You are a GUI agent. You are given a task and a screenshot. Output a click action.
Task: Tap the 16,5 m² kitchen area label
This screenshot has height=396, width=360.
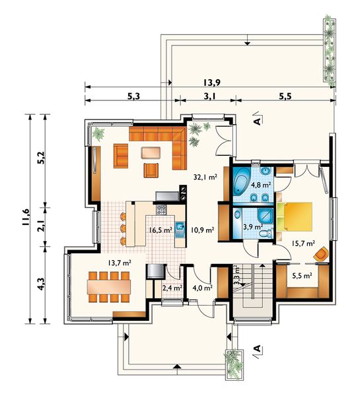coord(161,230)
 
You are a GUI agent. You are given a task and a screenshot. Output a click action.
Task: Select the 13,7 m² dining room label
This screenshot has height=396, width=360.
coord(120,263)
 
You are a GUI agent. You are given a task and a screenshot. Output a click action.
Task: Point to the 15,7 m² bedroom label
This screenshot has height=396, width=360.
coord(303,243)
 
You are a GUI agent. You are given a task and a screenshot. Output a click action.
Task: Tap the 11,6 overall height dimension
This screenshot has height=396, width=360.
coord(26,217)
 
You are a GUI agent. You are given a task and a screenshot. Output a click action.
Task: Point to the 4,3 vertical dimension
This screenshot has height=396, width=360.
coord(41,285)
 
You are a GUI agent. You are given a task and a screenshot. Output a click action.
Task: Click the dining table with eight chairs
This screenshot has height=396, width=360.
coord(110,288)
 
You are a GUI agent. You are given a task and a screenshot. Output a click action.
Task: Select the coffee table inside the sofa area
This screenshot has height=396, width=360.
coord(151,152)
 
